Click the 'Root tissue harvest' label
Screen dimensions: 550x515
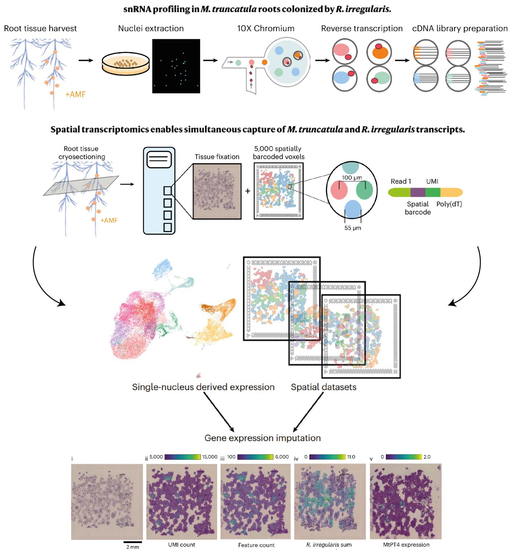[x=40, y=29]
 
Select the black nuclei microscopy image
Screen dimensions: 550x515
[x=176, y=66]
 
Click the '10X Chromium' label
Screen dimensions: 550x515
[x=266, y=29]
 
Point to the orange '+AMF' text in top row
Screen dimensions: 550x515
[x=75, y=95]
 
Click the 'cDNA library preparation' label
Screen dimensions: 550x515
[x=460, y=29]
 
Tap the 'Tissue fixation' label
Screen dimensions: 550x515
[x=217, y=157]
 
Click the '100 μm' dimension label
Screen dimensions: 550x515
[x=352, y=178]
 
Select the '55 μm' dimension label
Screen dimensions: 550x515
[x=353, y=228]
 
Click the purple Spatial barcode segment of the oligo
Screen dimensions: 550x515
[x=417, y=192]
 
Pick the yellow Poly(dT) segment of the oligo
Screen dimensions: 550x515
[x=451, y=192]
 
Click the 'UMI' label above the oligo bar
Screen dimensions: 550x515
[x=432, y=181]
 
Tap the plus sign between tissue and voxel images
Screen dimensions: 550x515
[x=248, y=191]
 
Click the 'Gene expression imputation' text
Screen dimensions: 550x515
[x=262, y=438]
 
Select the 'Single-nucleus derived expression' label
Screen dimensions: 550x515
[x=203, y=387]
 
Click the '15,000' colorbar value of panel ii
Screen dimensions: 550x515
[x=209, y=457]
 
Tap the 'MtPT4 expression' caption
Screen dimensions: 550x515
[x=406, y=545]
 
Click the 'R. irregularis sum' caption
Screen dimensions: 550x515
[x=329, y=545]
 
